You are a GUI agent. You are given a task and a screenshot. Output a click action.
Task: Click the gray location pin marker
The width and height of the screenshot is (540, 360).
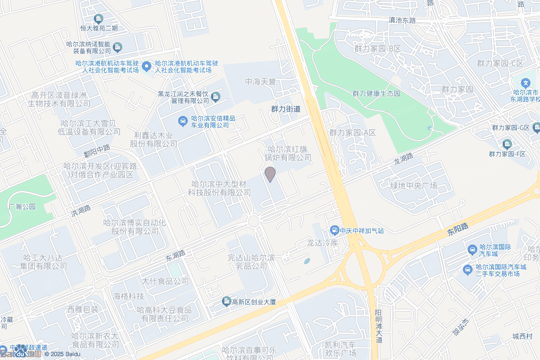coord(270,174)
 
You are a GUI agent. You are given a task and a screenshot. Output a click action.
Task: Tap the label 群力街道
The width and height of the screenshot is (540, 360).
coord(285,109)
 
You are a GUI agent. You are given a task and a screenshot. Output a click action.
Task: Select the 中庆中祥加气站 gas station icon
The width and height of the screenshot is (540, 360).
coord(334,230)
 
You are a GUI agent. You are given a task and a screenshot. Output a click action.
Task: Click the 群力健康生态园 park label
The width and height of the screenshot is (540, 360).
coord(377,93)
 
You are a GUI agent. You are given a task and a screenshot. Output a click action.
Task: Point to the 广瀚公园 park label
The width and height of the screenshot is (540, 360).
coord(22,207)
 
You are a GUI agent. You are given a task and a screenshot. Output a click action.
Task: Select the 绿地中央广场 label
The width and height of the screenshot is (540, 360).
coord(413,186)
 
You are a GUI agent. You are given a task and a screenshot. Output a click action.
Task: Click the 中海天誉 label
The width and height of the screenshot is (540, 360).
coord(260,82)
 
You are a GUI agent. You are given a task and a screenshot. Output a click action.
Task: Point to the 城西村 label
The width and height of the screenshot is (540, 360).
coord(522,336)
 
